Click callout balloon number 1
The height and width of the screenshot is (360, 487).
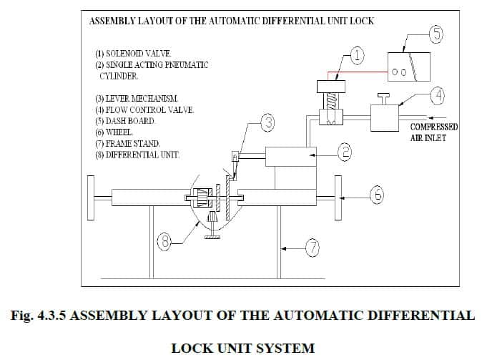click(357, 54)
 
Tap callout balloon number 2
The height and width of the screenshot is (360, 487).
click(343, 151)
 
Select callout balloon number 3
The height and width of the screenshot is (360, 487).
click(267, 124)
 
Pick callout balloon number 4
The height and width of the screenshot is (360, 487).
click(437, 94)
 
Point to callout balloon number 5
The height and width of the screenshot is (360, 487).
click(436, 32)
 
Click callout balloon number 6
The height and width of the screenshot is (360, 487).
click(377, 194)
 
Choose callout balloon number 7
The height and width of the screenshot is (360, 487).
click(312, 248)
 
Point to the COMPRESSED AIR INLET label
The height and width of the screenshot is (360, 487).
click(433, 132)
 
